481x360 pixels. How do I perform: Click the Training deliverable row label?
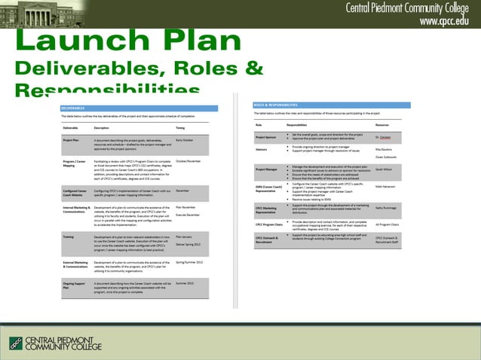tap(68, 236)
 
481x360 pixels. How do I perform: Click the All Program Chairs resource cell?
tap(387, 224)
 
